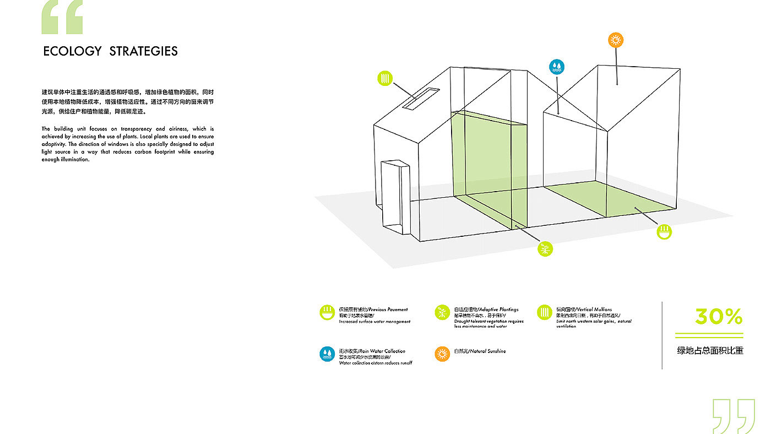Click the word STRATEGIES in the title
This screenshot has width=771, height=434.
[143, 51]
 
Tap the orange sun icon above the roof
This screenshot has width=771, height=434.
[616, 40]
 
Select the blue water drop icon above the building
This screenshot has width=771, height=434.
[556, 67]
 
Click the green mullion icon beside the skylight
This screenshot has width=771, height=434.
[385, 78]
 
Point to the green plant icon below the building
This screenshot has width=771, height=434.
[545, 249]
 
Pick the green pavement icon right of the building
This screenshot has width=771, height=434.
[665, 231]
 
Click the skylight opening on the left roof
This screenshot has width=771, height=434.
[420, 98]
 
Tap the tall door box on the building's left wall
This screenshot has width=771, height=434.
[395, 196]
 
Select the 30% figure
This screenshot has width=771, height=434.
[718, 317]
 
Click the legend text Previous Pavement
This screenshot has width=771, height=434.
[388, 310]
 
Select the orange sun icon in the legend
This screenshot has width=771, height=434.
[442, 354]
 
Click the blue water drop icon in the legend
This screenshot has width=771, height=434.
[327, 354]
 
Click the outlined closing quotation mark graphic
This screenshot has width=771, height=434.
[734, 415]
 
